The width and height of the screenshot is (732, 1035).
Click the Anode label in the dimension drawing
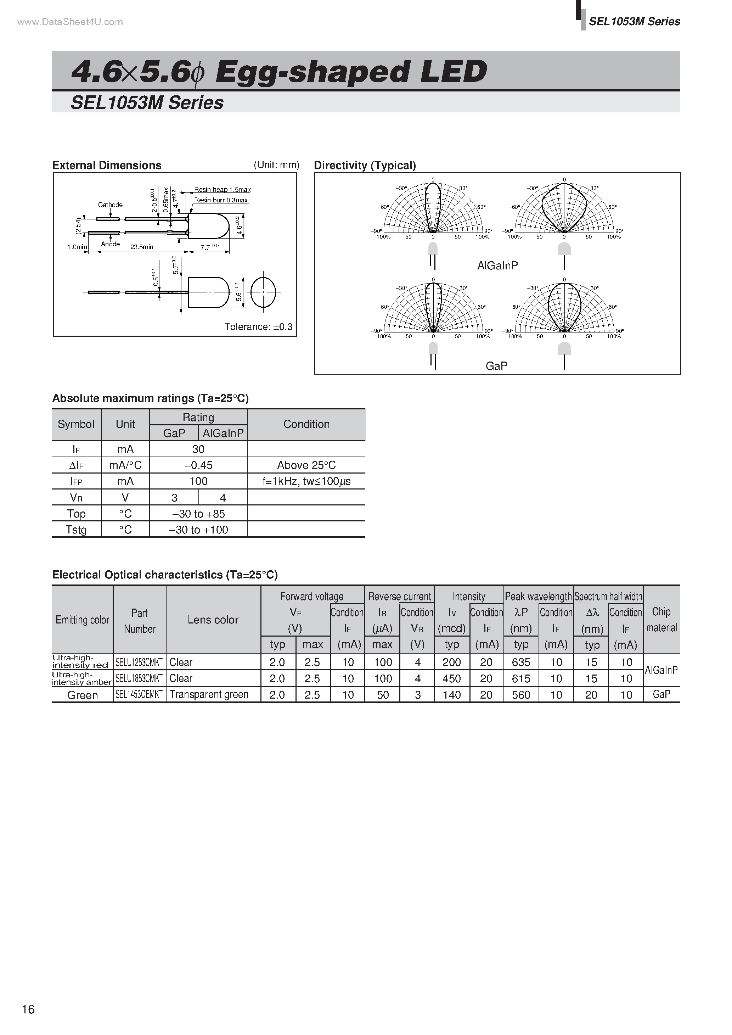pos(111,244)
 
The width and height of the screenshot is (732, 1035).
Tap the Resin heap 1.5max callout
pos(222,190)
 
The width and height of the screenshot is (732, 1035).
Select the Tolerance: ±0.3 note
pos(258,327)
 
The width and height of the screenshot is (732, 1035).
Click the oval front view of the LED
pos(263,292)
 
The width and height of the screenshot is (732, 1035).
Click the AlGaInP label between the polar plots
pos(497,265)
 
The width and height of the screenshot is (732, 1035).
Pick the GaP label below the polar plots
pos(496,365)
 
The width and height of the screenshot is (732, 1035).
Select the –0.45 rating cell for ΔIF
pos(198,465)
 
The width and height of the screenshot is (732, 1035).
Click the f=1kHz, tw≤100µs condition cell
pos(306,481)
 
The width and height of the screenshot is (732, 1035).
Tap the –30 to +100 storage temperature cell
pos(198,530)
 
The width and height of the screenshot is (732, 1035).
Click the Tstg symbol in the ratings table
pos(76,530)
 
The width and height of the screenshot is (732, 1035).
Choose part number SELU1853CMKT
pos(139,678)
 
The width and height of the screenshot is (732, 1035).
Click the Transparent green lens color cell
pos(209,695)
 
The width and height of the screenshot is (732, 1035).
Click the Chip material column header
pos(661,619)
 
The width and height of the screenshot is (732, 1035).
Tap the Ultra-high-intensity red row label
pos(80,661)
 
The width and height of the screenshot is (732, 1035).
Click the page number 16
pos(28,1009)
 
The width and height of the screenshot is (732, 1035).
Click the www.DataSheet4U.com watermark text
pos(70,22)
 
